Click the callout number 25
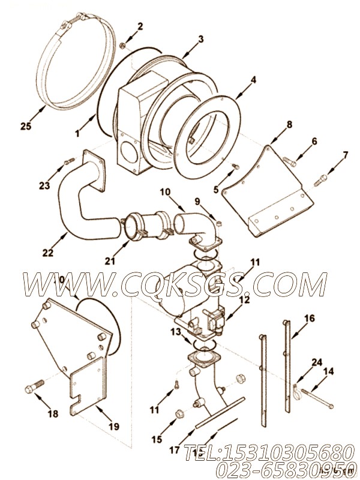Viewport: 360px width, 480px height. [x=25, y=126]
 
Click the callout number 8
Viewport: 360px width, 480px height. [x=289, y=124]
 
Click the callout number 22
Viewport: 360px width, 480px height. [x=47, y=253]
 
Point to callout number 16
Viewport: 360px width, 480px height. [x=309, y=319]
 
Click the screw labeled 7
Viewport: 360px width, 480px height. [x=322, y=177]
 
